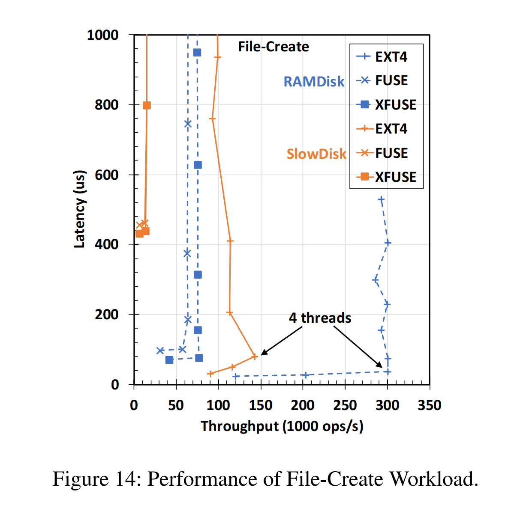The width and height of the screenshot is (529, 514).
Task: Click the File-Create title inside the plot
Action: tap(274, 47)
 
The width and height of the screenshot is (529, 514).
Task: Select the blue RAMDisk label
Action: tap(314, 82)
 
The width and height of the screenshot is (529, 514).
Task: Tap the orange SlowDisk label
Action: tap(316, 154)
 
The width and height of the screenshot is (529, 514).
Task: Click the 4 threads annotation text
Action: tap(320, 318)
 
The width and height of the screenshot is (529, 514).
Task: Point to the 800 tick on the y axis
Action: tap(106, 105)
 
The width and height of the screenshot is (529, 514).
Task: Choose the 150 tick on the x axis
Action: tap(261, 405)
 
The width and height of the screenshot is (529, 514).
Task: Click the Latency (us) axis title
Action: tap(80, 209)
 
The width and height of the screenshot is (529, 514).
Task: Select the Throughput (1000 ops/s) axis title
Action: tap(282, 426)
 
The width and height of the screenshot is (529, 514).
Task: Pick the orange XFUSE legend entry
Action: tap(386, 177)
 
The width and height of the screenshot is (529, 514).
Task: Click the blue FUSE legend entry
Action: tap(382, 80)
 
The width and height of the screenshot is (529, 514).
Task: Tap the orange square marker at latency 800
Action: tap(147, 105)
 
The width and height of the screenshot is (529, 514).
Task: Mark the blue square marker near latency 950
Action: tap(197, 53)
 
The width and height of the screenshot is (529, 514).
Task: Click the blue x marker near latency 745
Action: tap(188, 124)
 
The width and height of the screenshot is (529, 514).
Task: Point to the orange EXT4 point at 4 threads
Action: tap(255, 356)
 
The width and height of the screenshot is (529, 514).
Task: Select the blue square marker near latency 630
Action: tap(198, 165)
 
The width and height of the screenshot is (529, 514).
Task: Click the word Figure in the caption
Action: tap(80, 479)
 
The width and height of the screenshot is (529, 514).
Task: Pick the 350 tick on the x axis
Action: tap(429, 405)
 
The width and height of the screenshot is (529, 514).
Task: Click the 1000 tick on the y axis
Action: tap(103, 35)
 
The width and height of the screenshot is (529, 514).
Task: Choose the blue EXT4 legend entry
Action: tap(382, 56)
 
